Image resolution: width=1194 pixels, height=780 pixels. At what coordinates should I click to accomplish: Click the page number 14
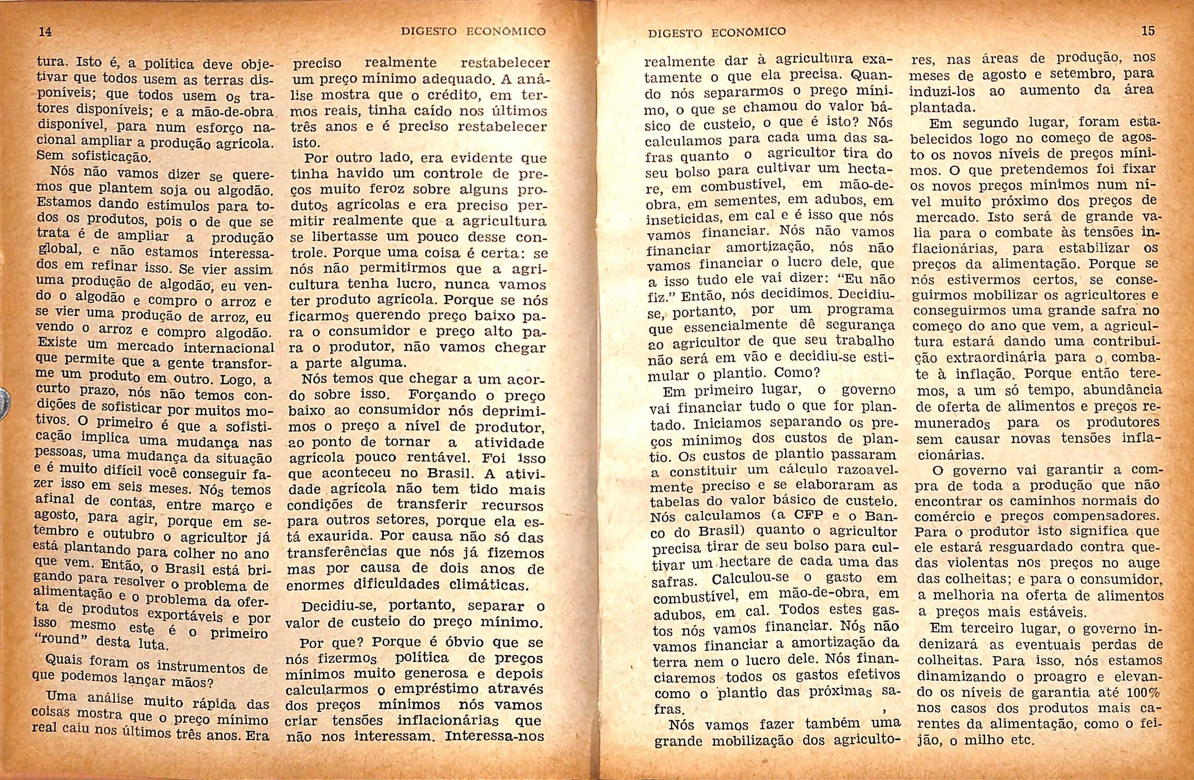(46, 32)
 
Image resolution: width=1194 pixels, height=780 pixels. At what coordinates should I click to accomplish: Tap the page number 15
(1148, 31)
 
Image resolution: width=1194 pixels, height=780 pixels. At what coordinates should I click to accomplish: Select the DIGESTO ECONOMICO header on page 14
(473, 31)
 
